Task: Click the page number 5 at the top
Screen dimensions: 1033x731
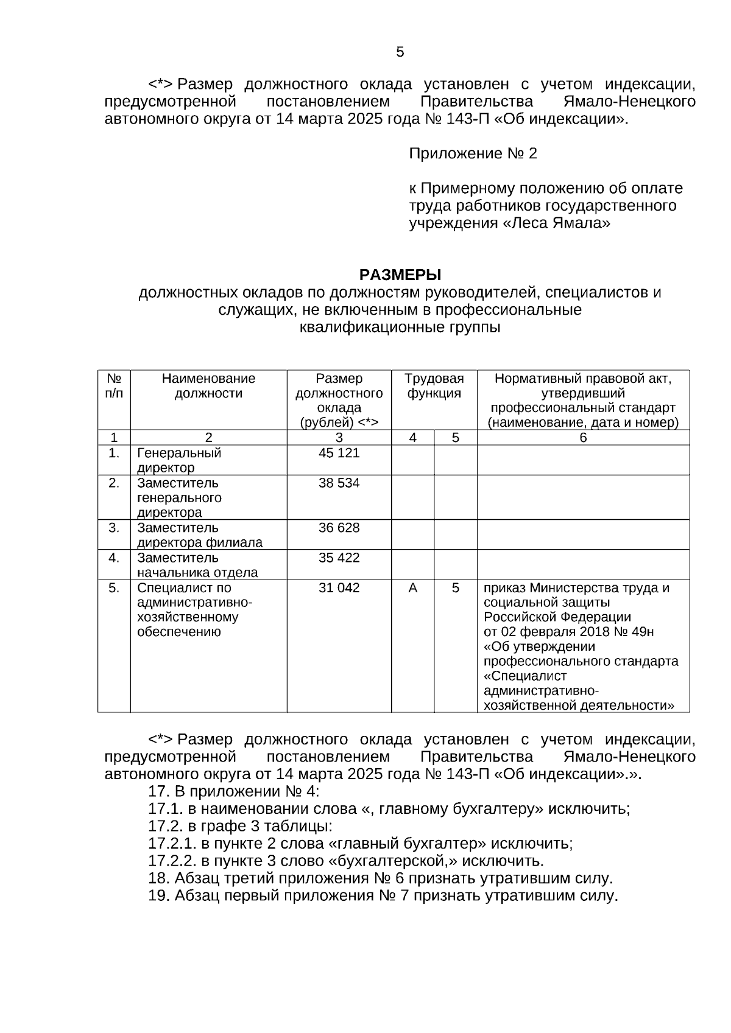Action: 400,52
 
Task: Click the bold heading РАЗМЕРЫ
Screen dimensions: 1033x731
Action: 400,275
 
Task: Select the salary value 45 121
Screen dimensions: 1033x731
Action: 339,453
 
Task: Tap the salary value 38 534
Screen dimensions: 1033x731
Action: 339,483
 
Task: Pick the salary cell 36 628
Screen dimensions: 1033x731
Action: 339,528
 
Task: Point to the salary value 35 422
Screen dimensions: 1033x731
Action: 339,558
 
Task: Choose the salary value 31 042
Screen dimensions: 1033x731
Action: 339,587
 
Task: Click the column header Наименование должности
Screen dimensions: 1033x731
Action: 208,386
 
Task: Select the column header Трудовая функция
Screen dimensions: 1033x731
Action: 434,386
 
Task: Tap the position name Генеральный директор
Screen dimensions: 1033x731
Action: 178,460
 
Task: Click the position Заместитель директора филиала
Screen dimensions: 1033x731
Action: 199,535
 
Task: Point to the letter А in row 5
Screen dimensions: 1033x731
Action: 412,588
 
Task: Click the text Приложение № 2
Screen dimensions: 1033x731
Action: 473,153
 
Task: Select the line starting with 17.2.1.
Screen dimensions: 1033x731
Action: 361,844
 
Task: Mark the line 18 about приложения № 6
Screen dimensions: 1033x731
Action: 380,878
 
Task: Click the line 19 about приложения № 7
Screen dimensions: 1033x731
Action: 383,896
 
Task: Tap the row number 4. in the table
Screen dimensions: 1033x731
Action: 114,558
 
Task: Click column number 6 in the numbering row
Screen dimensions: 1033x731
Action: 582,438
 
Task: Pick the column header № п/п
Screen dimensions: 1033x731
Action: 114,386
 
